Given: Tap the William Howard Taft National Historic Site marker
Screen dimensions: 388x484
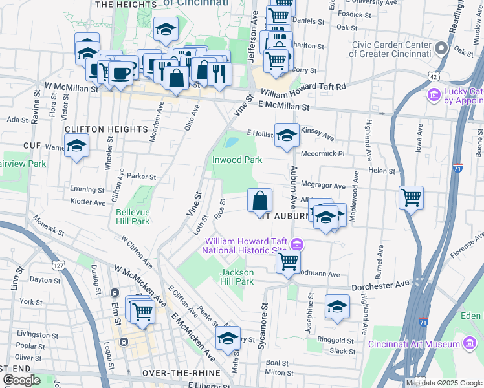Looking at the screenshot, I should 297,244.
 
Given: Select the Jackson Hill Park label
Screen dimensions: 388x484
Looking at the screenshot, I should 237,277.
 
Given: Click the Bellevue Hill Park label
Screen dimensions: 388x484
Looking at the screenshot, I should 133,217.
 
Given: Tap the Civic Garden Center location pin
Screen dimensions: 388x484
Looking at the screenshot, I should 443,48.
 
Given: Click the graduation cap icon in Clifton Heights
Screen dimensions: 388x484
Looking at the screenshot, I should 77,147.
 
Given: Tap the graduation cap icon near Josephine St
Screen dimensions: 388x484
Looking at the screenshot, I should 337,307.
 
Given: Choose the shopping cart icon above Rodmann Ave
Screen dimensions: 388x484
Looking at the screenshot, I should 288,261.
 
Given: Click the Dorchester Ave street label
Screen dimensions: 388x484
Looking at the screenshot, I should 381,285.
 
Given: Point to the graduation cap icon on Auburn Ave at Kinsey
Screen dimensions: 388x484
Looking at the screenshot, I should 287,136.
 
